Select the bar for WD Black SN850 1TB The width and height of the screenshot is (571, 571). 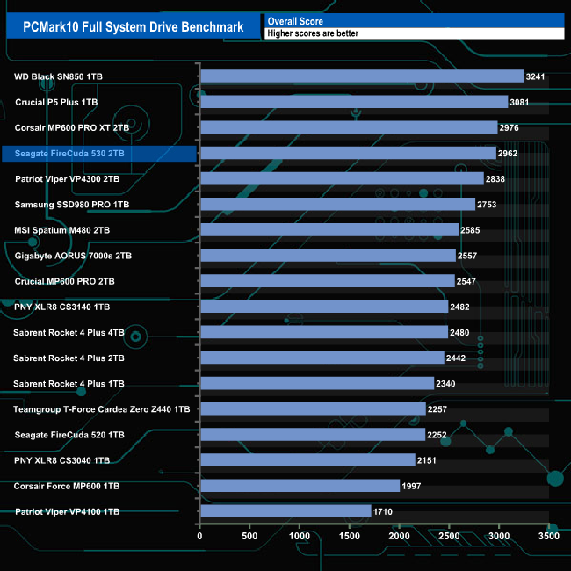pyautogui.click(x=362, y=76)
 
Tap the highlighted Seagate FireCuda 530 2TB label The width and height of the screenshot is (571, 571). pyautogui.click(x=70, y=154)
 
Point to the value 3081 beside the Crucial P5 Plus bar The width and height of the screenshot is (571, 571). pyautogui.click(x=520, y=102)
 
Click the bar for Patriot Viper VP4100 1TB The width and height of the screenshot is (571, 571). pyautogui.click(x=285, y=511)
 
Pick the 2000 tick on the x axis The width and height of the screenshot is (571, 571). pyautogui.click(x=400, y=536)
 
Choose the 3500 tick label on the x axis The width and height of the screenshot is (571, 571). pyautogui.click(x=549, y=536)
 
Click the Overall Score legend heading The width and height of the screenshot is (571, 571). pyautogui.click(x=295, y=20)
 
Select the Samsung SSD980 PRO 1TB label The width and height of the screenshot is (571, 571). pyautogui.click(x=72, y=205)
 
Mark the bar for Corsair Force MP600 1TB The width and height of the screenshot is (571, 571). pyautogui.click(x=300, y=486)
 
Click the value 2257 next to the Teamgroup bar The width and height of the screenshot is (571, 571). pyautogui.click(x=438, y=409)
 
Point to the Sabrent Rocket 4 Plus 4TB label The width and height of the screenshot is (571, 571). pyautogui.click(x=69, y=332)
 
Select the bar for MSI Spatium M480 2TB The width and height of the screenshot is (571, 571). pyautogui.click(x=329, y=230)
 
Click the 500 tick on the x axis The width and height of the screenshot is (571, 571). pyautogui.click(x=250, y=536)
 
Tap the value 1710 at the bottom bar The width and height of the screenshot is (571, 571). pyautogui.click(x=384, y=511)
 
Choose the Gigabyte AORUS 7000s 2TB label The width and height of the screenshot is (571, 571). pyautogui.click(x=73, y=256)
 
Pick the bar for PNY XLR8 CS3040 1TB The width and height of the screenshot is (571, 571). pyautogui.click(x=307, y=460)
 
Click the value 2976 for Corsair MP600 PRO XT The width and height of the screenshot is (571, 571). pyautogui.click(x=510, y=127)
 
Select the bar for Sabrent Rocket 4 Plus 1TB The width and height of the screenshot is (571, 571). pyautogui.click(x=317, y=384)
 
